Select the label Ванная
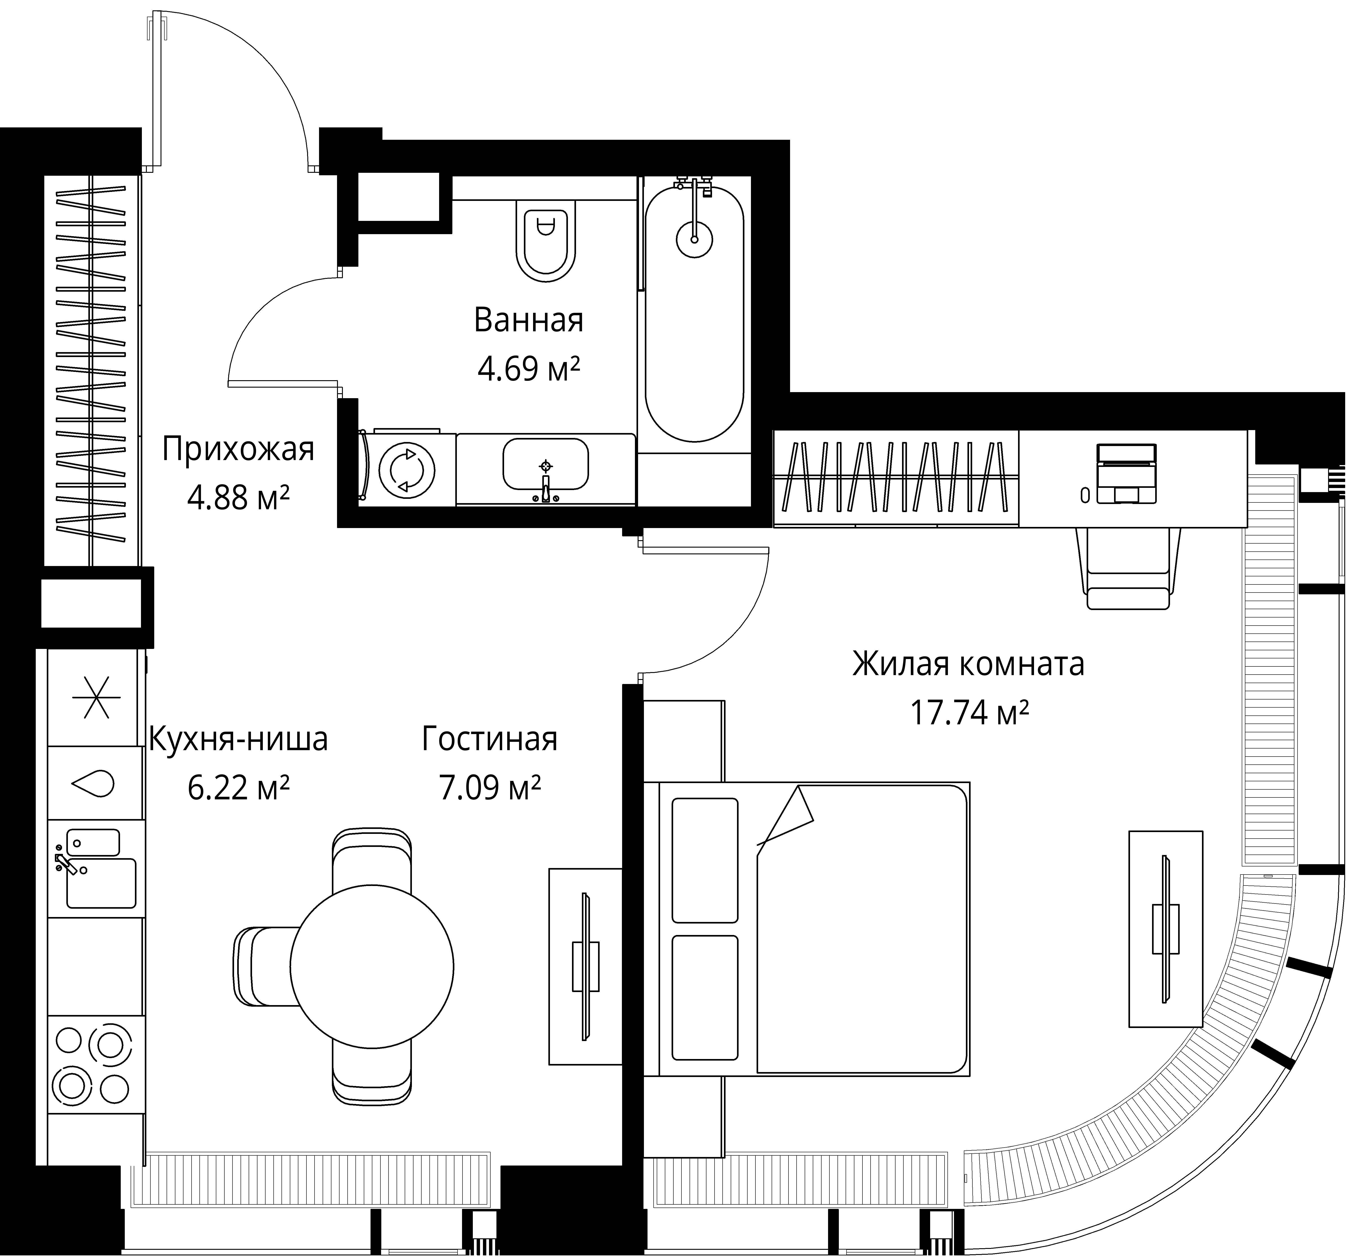tap(529, 320)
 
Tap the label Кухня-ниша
tap(238, 739)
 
